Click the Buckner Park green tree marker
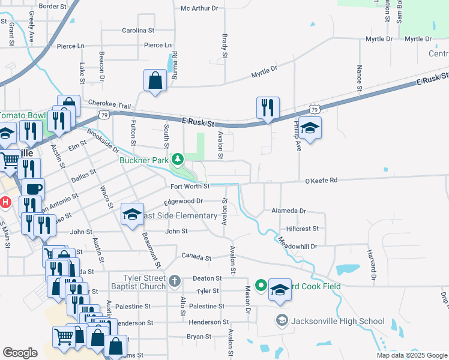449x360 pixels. (x=177, y=160)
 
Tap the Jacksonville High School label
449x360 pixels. (x=337, y=321)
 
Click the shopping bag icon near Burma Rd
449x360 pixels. (x=155, y=80)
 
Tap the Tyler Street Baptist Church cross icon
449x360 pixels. (x=174, y=281)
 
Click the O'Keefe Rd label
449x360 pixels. (x=322, y=180)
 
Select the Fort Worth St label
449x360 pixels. (x=188, y=186)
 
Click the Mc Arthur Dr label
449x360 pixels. (x=200, y=8)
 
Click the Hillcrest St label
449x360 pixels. (x=302, y=229)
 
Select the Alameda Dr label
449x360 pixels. (x=289, y=211)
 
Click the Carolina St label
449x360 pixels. (x=138, y=30)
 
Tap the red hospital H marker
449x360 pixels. (x=5, y=202)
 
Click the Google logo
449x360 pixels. (x=20, y=353)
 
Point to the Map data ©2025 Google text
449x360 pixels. (x=411, y=355)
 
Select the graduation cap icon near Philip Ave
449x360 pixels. (x=310, y=128)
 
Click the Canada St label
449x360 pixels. (x=197, y=258)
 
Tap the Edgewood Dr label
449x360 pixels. (x=188, y=201)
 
